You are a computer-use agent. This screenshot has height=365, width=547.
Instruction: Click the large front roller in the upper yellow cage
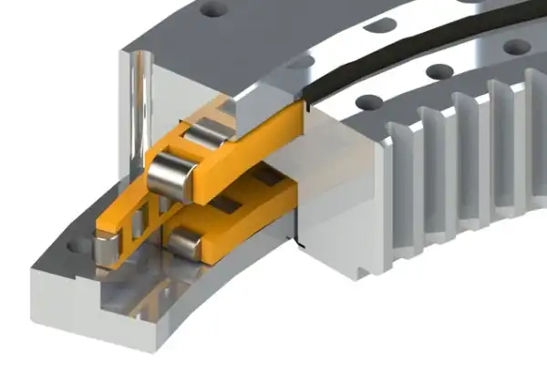170,177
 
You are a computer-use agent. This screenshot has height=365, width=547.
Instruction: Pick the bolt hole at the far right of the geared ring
518,46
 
